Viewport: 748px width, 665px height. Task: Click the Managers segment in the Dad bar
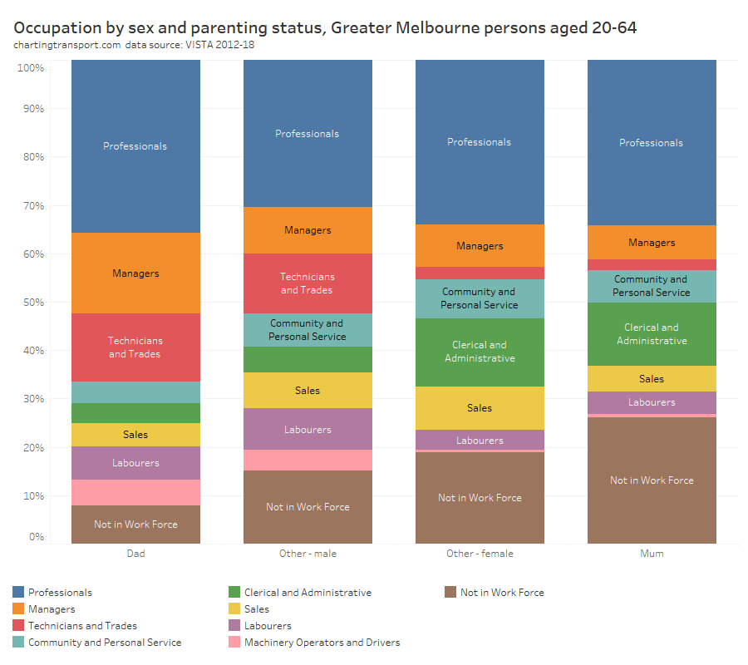pos(135,273)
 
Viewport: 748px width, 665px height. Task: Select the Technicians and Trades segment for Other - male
pos(308,283)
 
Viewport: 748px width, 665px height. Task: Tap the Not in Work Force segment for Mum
pos(652,480)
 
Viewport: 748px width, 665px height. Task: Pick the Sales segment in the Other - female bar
pos(480,407)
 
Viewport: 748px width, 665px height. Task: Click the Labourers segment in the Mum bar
pos(652,402)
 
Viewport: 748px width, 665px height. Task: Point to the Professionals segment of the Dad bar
pos(135,146)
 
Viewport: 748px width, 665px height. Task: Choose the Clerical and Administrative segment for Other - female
pos(480,352)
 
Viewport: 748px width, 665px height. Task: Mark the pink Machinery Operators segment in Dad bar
pos(135,492)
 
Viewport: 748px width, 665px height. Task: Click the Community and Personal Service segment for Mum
pos(652,286)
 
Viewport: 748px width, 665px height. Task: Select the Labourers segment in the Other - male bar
pos(308,430)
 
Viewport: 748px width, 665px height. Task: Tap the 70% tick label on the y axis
pos(32,205)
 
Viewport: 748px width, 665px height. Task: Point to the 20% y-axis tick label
pos(32,447)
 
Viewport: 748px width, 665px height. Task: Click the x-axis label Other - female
pos(480,554)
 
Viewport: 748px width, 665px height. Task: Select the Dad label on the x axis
pos(135,554)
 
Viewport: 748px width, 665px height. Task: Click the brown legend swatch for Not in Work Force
pos(450,592)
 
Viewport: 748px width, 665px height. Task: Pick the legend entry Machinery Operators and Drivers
pos(322,643)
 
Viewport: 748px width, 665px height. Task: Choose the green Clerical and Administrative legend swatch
pos(234,592)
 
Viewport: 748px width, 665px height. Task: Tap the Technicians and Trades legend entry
pos(82,626)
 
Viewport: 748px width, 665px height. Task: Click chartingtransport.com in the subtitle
pos(66,45)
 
